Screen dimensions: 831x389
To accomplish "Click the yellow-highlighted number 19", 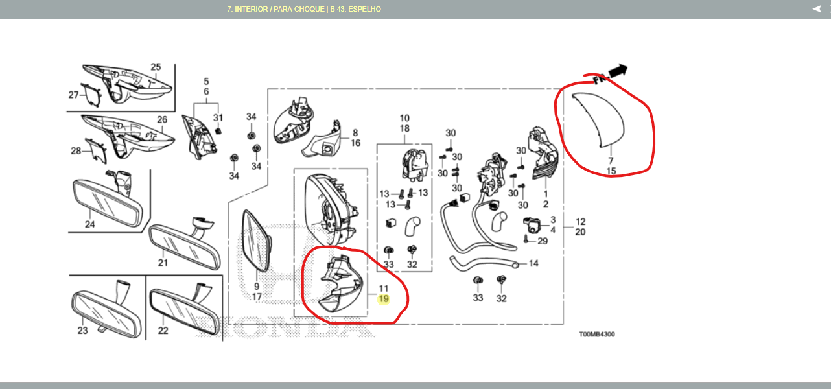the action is coord(384,299).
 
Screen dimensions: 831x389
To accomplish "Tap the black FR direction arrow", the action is coord(618,71).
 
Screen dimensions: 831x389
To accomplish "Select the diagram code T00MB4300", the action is coord(597,334).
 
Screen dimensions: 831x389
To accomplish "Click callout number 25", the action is coord(156,67).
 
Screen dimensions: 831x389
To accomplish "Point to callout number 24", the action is coord(90,224).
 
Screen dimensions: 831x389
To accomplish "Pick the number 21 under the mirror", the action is coord(163,263).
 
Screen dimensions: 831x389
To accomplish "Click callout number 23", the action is coord(82,331).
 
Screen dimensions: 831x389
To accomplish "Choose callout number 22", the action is coord(163,331).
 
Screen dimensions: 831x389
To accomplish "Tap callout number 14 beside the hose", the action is coord(533,263).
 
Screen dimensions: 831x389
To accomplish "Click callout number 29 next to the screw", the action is coord(543,241).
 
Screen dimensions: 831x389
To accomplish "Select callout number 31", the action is coord(218,118).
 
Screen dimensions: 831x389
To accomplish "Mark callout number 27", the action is coord(73,95).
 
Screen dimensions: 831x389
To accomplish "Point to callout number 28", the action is coord(76,150).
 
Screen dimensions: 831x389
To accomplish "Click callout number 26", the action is coord(162,119).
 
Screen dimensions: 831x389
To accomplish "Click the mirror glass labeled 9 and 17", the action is coord(256,241).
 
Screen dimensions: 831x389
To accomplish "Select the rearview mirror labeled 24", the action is coord(108,202).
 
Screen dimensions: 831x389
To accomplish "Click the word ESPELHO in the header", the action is coord(364,9).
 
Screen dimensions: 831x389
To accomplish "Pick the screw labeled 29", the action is coord(526,239).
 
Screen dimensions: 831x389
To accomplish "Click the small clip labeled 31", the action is coord(218,131).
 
